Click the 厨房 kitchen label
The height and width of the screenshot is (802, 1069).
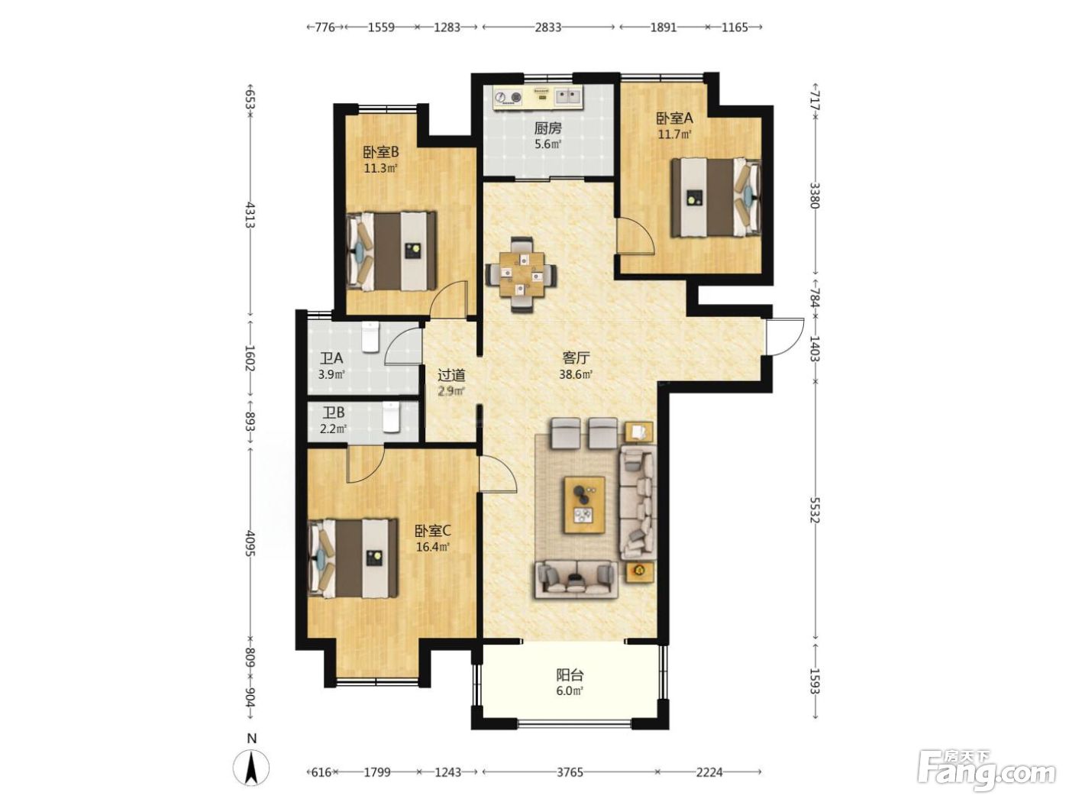547,128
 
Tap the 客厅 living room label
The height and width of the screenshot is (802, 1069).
576,358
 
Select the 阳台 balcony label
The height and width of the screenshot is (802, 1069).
570,675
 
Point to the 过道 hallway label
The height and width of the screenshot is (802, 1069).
451,375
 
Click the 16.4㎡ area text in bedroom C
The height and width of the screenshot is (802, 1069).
432,547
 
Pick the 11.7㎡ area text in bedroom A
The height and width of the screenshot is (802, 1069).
675,134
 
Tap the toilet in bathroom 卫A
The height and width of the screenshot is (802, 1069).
370,336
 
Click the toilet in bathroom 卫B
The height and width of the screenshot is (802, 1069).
391,417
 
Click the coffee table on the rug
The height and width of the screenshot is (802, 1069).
584,505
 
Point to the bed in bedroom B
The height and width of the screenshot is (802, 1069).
391,251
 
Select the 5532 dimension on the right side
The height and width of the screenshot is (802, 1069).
815,509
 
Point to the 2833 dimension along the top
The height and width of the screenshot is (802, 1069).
548,27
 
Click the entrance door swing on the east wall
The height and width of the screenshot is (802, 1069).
785,337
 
